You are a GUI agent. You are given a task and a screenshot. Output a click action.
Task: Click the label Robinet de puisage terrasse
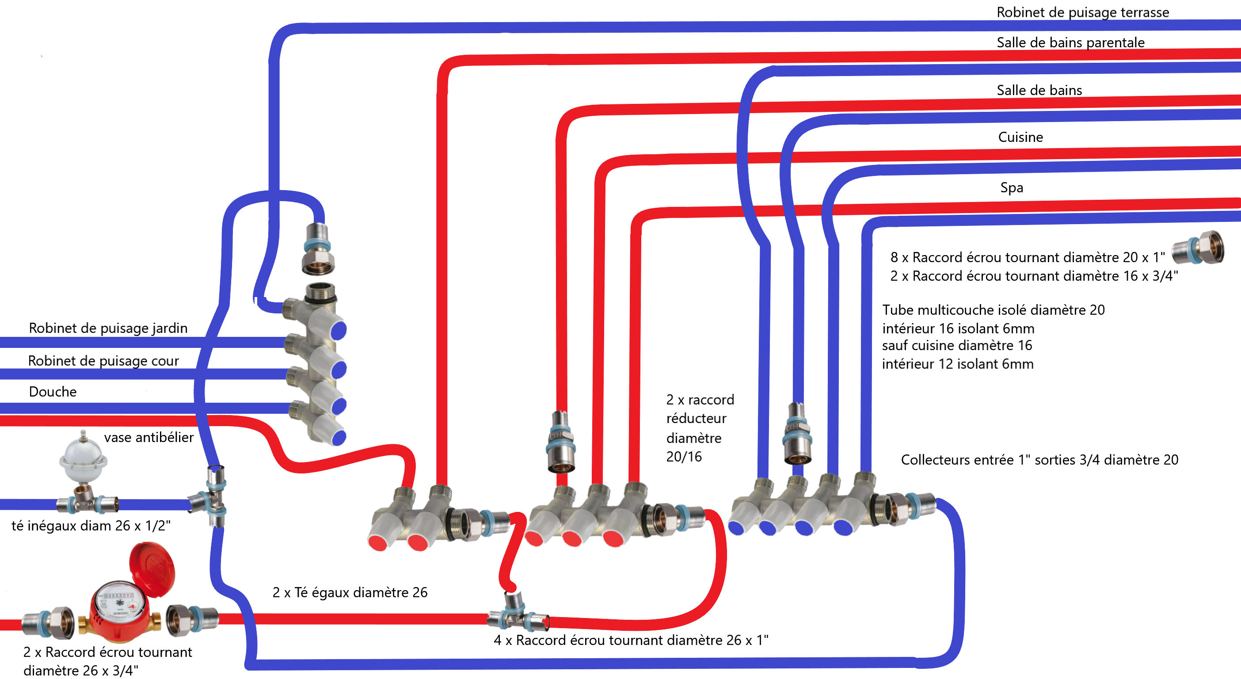pos(1082,12)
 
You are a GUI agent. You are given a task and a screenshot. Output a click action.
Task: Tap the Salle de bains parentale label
pos(1070,42)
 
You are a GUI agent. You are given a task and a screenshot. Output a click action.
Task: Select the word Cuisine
pos(1020,137)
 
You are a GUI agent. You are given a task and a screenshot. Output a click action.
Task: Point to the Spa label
pos(1011,187)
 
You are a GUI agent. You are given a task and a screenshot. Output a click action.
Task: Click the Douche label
pos(53,392)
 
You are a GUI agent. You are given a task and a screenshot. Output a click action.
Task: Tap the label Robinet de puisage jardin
pos(108,328)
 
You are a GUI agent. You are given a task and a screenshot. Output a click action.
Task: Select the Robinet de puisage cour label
pos(103,361)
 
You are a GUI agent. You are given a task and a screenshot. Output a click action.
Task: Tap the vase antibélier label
pos(148,438)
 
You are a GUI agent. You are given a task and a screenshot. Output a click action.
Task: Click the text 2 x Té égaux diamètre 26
pos(350,592)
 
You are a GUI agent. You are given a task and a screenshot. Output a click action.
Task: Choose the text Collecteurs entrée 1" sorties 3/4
pos(1039,460)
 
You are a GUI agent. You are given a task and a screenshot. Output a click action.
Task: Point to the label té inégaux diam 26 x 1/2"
pos(91,526)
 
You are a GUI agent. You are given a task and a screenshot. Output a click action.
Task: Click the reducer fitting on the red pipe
pos(561,442)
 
